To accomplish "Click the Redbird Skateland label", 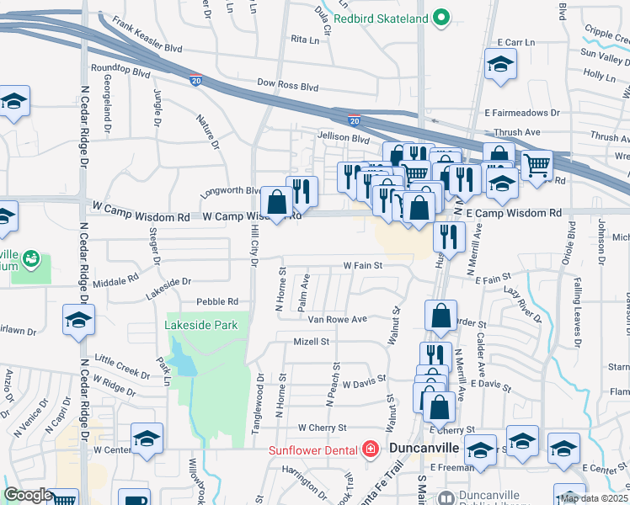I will point(381,18).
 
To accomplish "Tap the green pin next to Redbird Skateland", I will point(440,18).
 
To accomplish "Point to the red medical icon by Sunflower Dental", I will point(368,450).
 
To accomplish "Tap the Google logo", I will point(28,495).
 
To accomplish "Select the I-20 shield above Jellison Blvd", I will point(355,121).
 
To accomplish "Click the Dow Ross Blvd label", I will point(288,86).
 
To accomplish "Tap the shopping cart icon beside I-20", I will point(536,165).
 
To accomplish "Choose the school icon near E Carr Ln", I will point(500,65).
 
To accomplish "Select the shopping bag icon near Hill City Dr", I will point(276,202).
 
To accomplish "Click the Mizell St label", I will point(311,342).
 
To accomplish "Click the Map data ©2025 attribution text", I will point(594,498).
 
